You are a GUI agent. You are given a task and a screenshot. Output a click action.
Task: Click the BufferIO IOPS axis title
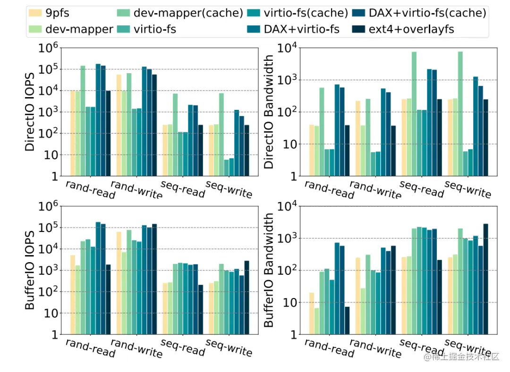point(30,270)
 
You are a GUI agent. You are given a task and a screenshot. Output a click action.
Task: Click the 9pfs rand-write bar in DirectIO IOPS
point(119,125)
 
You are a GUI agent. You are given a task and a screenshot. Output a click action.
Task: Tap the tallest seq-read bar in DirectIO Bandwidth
point(414,114)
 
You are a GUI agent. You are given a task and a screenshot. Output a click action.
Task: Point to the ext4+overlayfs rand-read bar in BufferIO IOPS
point(108,299)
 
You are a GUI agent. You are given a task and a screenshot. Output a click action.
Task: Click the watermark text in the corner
point(461,357)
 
